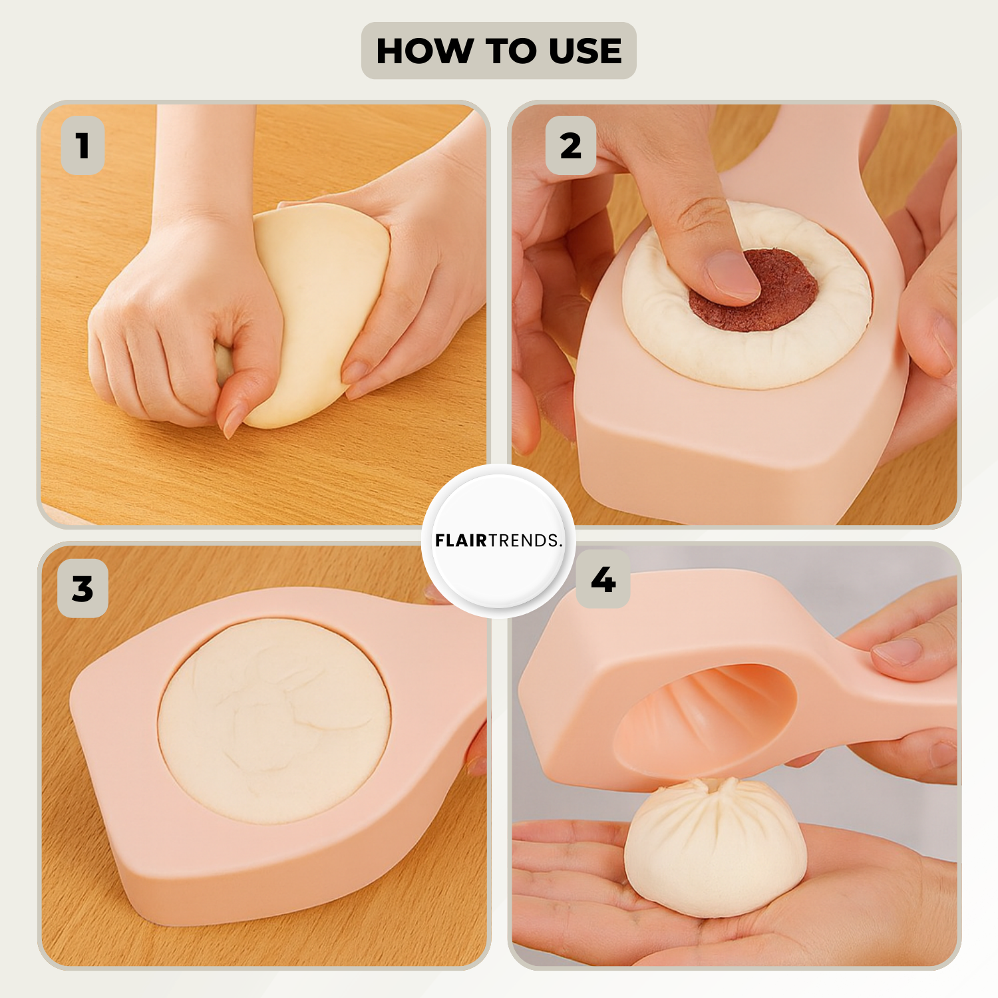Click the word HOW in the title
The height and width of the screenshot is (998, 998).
pos(424,51)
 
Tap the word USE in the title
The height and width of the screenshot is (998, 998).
pos(585,51)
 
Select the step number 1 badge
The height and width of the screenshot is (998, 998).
pos(83,146)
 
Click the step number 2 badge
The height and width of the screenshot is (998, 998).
pos(570,146)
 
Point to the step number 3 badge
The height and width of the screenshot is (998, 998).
pos(83,589)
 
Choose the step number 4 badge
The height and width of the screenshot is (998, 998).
pos(603,580)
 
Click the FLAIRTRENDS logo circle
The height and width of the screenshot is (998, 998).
pos(498,540)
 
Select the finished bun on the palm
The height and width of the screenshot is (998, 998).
pos(715,846)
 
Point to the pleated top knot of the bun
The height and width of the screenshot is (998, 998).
pos(715,788)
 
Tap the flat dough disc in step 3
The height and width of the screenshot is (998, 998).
pos(274,721)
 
